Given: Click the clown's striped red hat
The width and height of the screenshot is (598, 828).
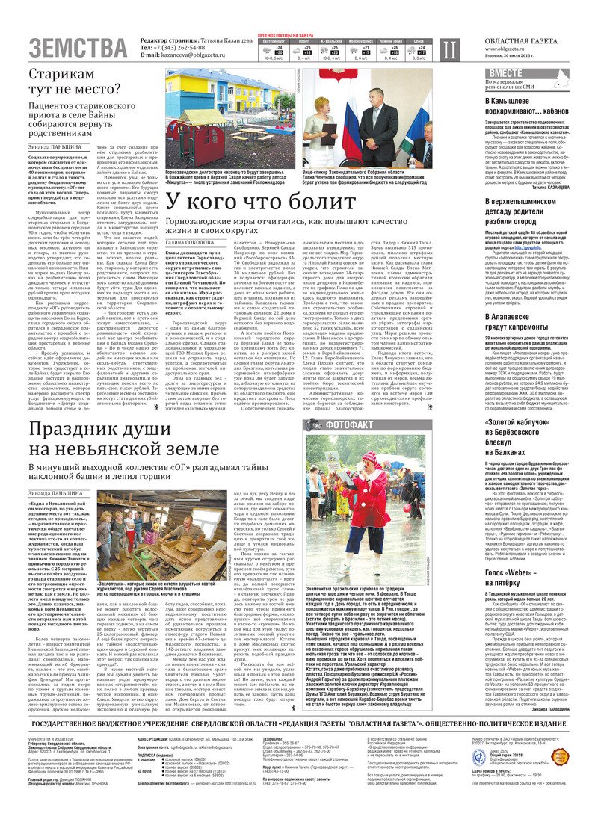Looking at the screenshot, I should pos(371,457).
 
